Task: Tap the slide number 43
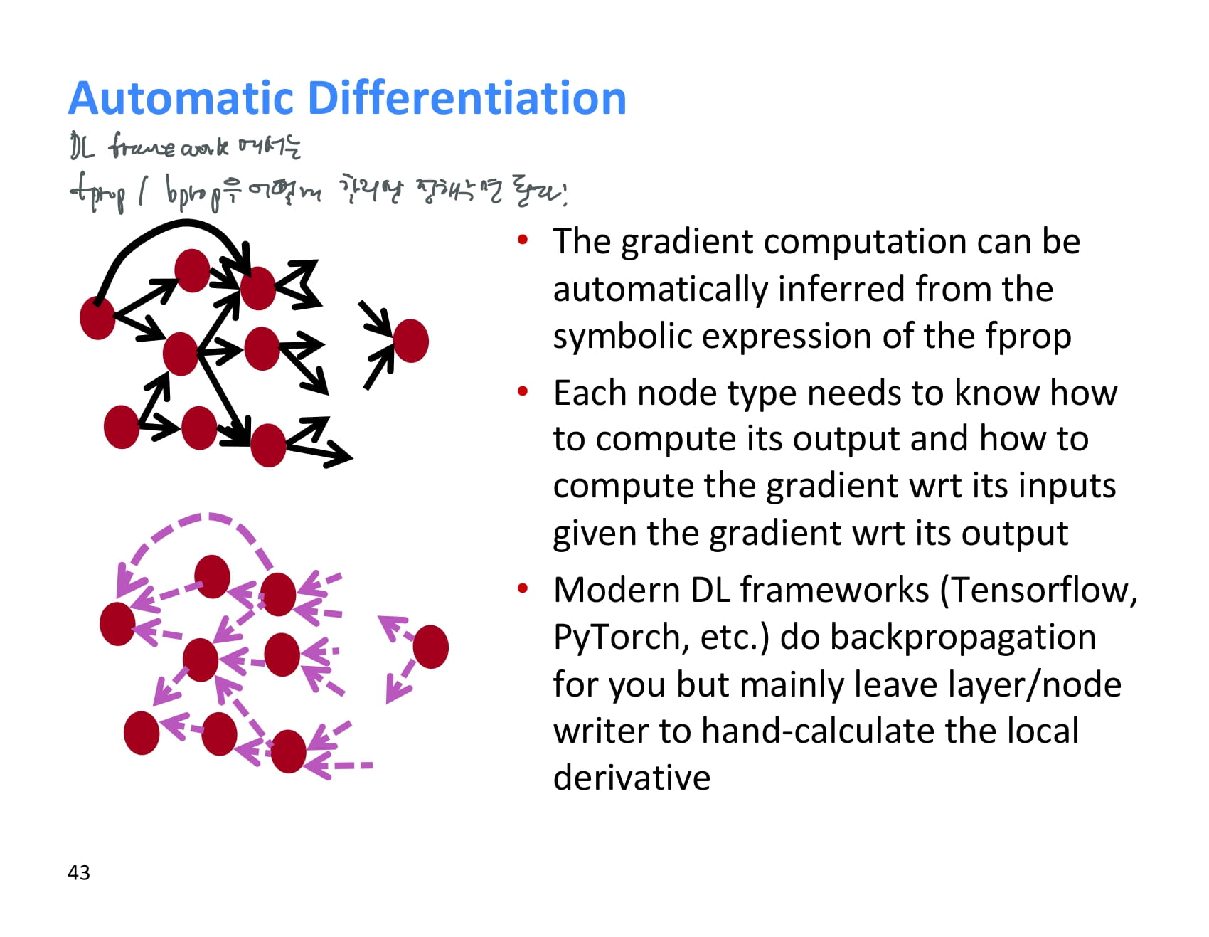pyautogui.click(x=79, y=872)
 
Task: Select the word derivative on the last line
pyautogui.click(x=632, y=778)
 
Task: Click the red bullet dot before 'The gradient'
pyautogui.click(x=523, y=240)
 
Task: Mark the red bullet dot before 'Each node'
pyautogui.click(x=523, y=391)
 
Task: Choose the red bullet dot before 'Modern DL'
pyautogui.click(x=523, y=588)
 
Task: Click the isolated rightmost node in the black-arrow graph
pyautogui.click(x=410, y=341)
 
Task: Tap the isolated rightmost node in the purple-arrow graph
pyautogui.click(x=430, y=647)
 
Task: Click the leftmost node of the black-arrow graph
pyautogui.click(x=97, y=318)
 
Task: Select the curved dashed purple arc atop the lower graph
pyautogui.click(x=206, y=518)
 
